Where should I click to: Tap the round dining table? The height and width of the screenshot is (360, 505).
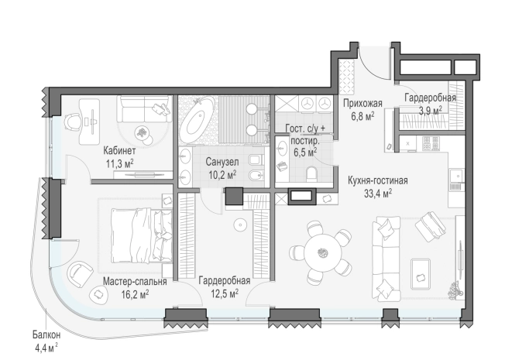[x=323, y=252]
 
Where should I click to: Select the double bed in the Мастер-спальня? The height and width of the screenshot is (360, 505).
[x=141, y=235]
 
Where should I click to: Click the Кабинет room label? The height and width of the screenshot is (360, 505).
[x=119, y=150]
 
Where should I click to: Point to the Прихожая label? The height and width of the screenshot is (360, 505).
[x=362, y=104]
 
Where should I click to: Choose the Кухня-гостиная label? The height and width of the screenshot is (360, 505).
[x=378, y=180]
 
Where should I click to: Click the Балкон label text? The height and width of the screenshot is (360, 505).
[x=46, y=335]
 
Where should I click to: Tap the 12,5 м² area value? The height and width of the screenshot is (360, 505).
[x=225, y=293]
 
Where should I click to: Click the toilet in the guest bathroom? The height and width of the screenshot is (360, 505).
[x=312, y=174]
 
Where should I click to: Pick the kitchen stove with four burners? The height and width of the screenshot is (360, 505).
[x=431, y=144]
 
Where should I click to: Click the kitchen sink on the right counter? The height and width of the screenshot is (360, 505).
[x=457, y=177]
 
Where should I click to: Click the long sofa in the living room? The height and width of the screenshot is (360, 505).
[x=386, y=259]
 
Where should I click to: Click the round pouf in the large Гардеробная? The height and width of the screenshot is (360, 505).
[x=240, y=225]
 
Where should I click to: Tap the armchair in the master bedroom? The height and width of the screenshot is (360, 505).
[x=79, y=274]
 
